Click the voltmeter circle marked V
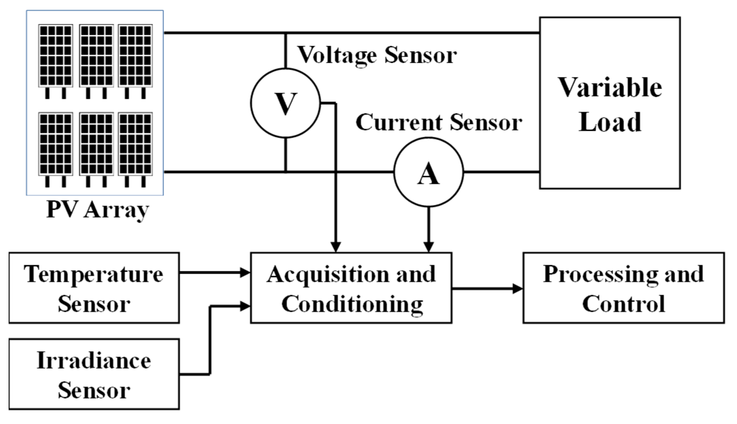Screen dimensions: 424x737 click(x=285, y=103)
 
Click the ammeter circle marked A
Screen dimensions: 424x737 click(x=428, y=172)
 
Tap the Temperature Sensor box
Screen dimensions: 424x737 click(x=94, y=288)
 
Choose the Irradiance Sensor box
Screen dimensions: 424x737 click(x=94, y=374)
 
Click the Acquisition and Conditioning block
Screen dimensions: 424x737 click(x=351, y=288)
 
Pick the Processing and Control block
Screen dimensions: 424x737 click(x=623, y=288)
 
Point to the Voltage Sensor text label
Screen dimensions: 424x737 click(x=377, y=55)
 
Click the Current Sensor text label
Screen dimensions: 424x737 click(x=439, y=122)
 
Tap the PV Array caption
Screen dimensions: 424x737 click(x=98, y=210)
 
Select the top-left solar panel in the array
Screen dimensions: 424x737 click(x=55, y=55)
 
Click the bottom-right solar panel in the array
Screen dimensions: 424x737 click(x=135, y=144)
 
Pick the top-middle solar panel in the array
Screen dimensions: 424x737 click(x=96, y=55)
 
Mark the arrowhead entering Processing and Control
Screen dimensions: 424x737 click(x=518, y=289)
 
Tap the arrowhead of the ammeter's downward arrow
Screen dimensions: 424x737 click(x=428, y=247)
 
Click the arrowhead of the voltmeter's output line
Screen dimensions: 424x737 click(x=335, y=247)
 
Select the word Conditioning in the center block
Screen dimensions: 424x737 click(x=352, y=304)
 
